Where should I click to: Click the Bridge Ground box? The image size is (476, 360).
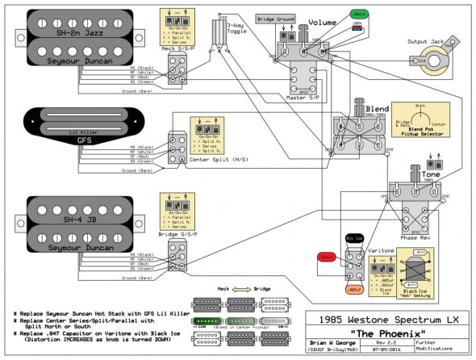[x=274, y=17]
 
